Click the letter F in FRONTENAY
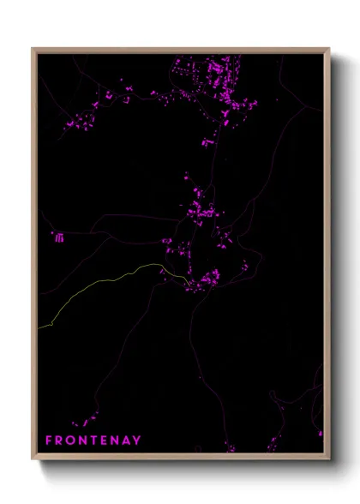click(x=49, y=441)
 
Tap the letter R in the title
click(x=60, y=441)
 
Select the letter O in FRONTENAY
click(x=71, y=441)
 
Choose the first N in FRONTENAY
click(x=83, y=441)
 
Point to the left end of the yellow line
click(x=39, y=327)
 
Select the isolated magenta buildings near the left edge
click(x=59, y=237)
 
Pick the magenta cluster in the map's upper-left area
click(x=86, y=116)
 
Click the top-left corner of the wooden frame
click(x=33, y=49)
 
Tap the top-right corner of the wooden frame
click(x=329, y=49)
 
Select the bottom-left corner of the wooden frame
click(x=33, y=459)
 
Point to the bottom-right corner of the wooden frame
click(x=329, y=459)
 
